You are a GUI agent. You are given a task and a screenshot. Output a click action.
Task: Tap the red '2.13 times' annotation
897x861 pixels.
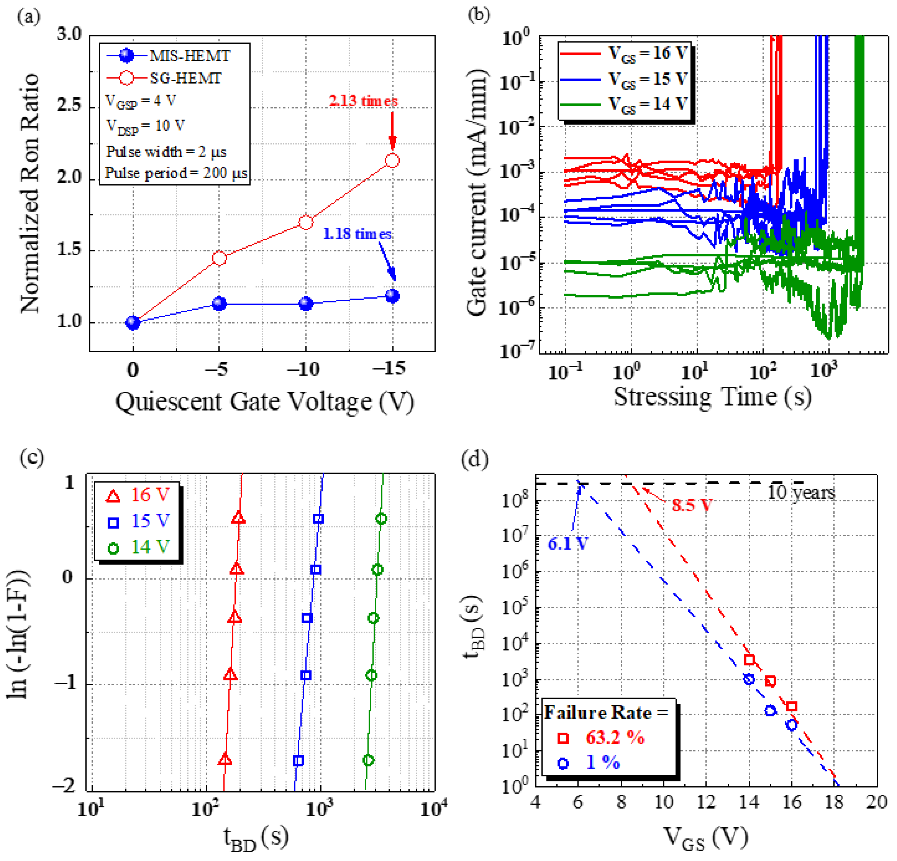[x=363, y=101]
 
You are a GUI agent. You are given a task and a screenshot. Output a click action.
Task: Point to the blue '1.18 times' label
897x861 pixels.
[x=357, y=234]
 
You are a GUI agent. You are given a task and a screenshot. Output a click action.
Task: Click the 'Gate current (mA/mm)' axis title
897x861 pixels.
[x=476, y=192]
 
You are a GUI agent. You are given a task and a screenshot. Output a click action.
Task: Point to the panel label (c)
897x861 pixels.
[x=31, y=457]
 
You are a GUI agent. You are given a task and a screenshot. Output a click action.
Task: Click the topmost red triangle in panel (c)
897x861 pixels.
[x=238, y=518]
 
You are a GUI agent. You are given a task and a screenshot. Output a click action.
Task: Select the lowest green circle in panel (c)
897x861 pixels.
[x=368, y=760]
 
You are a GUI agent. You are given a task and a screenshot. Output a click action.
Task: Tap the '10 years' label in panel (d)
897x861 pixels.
[x=801, y=492]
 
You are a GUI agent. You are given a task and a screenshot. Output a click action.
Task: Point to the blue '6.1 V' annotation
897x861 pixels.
[x=568, y=544]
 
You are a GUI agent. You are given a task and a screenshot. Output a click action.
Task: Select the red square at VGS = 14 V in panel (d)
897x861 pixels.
[x=749, y=659]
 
